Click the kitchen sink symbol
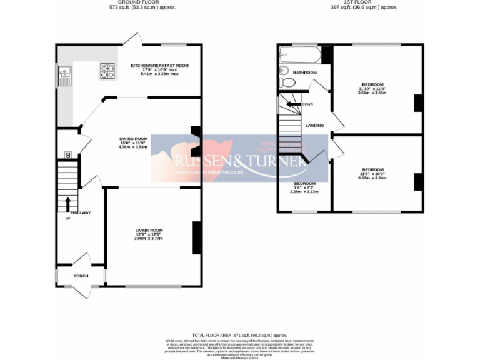64,75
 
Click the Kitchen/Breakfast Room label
159,66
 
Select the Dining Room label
133,139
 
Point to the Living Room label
149,231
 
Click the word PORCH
81,276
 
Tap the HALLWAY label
81,213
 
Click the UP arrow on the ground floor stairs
67,204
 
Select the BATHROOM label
305,72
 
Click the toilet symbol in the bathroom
287,82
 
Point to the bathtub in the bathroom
300,55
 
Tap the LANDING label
314,126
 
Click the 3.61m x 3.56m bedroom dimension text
372,92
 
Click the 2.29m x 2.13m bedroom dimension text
304,192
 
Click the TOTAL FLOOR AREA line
240,335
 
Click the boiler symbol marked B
68,154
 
